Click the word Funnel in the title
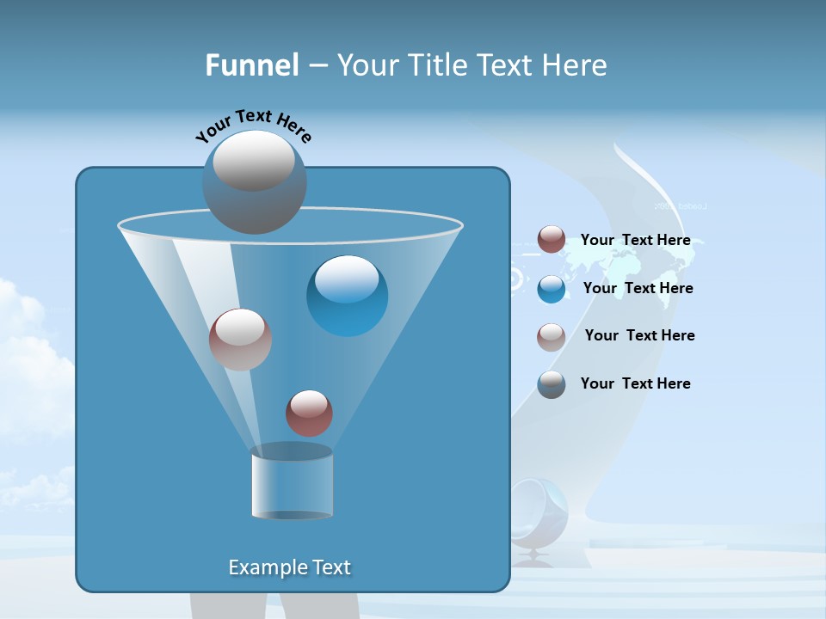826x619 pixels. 251,65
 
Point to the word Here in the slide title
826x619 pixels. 575,65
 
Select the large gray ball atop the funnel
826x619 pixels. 254,181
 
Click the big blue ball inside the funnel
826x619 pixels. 348,296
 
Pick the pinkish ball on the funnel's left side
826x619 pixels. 240,340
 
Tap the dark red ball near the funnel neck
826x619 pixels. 309,414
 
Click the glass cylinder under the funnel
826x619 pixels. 292,484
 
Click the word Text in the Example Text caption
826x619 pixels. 330,567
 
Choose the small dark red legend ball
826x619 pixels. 552,240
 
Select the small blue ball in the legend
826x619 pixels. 552,289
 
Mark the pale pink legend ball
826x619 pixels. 552,337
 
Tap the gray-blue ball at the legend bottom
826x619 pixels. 552,384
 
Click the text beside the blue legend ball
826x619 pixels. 638,288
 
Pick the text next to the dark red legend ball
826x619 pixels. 635,240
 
